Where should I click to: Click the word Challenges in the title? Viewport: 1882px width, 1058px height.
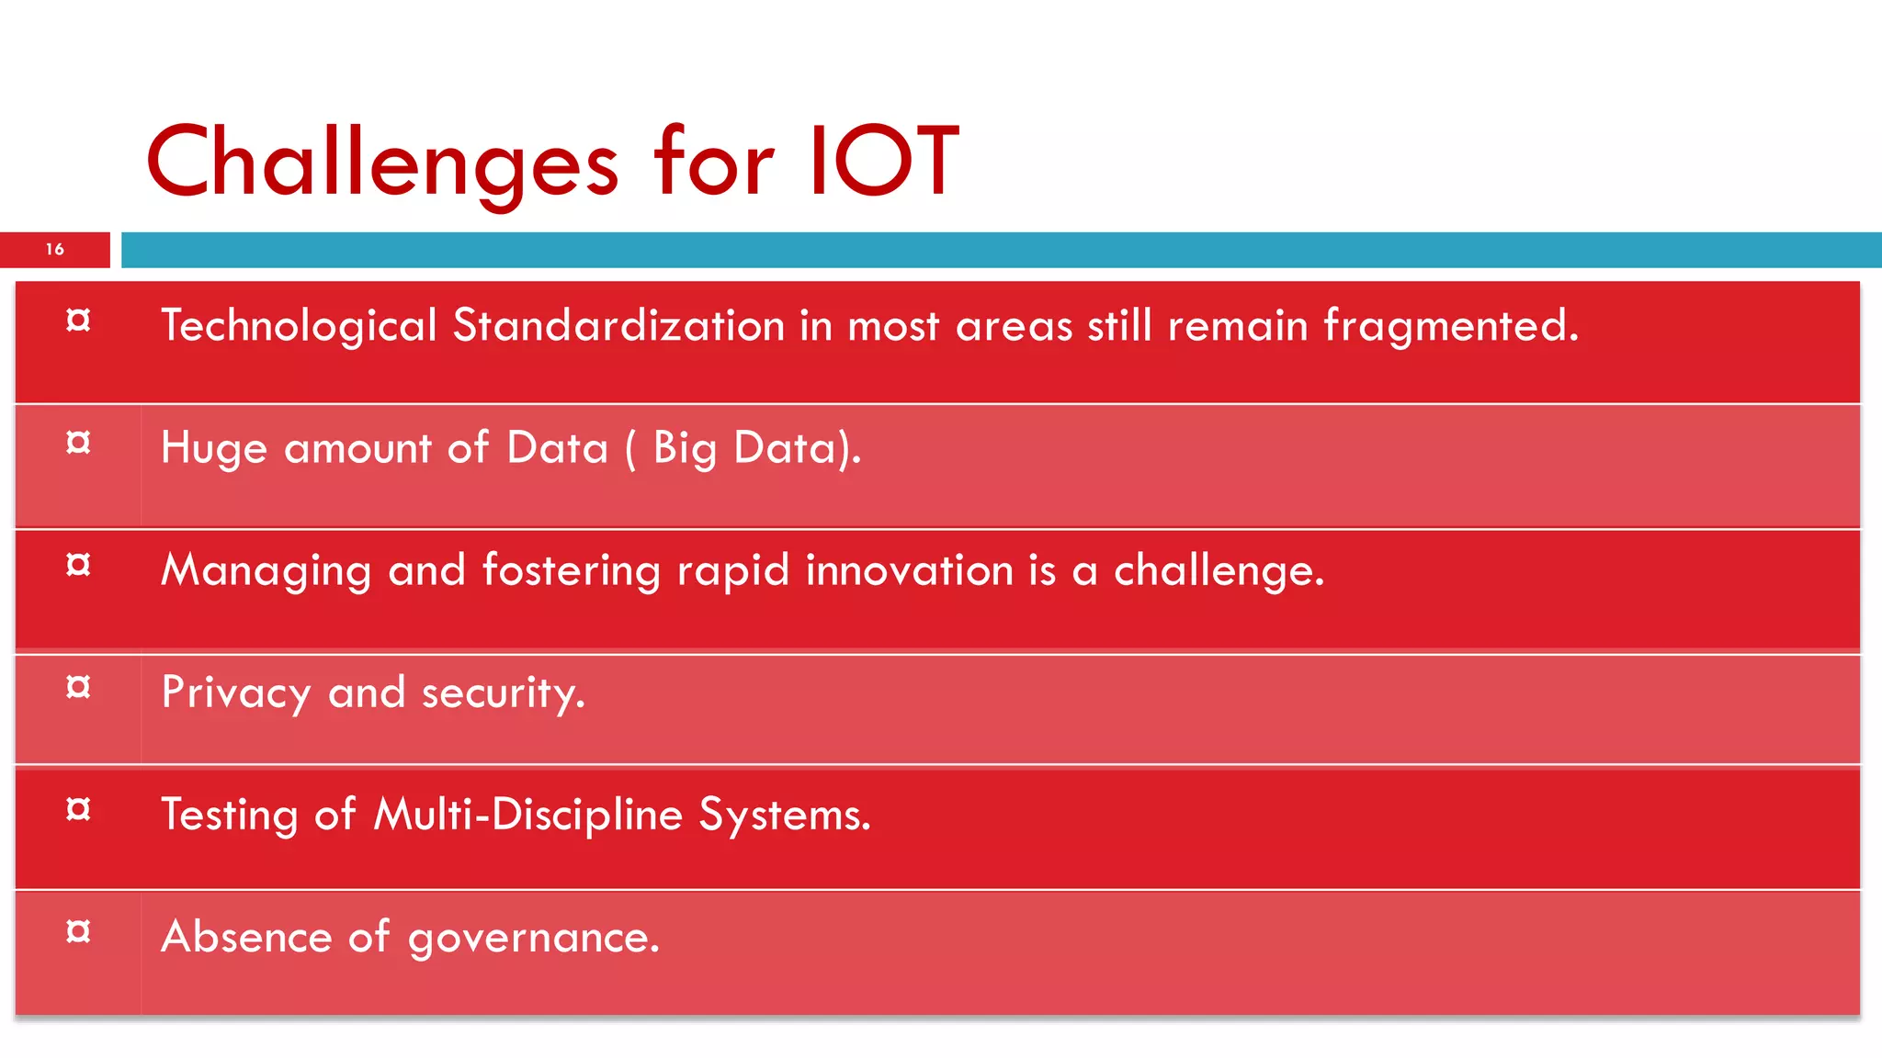tap(381, 163)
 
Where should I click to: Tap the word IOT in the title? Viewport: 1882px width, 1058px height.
tap(883, 162)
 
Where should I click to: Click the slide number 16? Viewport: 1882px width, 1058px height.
tap(55, 249)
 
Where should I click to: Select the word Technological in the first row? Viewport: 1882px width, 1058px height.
tap(299, 326)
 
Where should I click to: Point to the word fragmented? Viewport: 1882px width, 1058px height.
tap(1450, 326)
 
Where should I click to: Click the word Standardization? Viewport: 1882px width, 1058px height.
tap(618, 326)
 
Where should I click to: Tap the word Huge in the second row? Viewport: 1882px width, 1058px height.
tap(214, 449)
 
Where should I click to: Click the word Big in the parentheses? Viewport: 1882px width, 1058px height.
tap(685, 449)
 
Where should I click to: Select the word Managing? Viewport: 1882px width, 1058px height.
tap(266, 571)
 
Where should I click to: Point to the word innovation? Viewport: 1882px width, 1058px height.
tap(909, 570)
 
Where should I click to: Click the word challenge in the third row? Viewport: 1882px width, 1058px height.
tap(1219, 571)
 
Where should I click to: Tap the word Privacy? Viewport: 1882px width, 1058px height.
tap(236, 693)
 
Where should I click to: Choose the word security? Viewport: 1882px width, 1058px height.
tap(503, 693)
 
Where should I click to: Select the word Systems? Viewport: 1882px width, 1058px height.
tap(784, 816)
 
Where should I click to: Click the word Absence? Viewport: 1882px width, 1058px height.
tap(246, 937)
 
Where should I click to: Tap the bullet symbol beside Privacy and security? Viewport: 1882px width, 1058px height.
tap(79, 687)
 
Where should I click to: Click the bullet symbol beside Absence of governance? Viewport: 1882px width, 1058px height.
tap(79, 931)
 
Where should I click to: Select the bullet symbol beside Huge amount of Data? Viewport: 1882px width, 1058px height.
tap(79, 443)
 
